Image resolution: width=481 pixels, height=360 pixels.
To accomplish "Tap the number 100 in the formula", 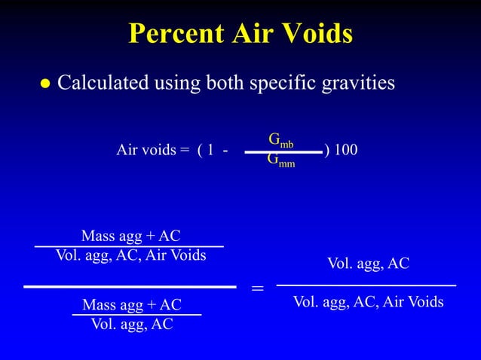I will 345,151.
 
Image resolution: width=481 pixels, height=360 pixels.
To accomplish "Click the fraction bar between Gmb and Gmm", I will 283,151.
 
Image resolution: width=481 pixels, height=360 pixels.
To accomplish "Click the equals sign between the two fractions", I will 257,288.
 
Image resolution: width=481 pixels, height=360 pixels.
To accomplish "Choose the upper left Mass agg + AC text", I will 130,236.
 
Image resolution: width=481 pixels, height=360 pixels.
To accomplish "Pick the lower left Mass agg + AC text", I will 132,305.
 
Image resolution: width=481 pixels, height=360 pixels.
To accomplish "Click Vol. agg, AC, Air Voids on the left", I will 130,255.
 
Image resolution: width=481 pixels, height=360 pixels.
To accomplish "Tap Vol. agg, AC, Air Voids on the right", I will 368,302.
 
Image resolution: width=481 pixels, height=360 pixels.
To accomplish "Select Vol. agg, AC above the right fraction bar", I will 368,264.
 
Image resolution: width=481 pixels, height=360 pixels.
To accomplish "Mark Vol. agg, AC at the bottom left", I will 132,325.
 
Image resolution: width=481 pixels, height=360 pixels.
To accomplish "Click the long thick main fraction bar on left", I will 130,286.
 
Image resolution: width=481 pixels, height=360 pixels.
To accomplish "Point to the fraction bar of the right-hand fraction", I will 366,285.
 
